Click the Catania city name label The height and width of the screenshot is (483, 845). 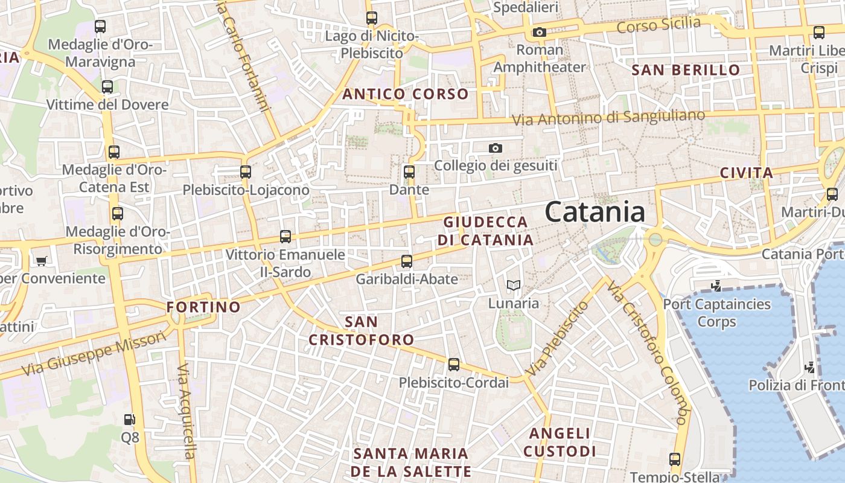pyautogui.click(x=595, y=213)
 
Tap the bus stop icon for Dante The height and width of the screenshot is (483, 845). pyautogui.click(x=409, y=172)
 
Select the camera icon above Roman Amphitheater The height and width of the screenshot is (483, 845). pyautogui.click(x=539, y=33)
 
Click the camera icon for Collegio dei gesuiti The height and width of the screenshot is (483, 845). pyautogui.click(x=495, y=148)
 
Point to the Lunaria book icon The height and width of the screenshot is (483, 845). pyautogui.click(x=514, y=286)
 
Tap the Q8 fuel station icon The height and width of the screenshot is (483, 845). pyautogui.click(x=129, y=419)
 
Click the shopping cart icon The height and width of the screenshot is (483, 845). pyautogui.click(x=41, y=261)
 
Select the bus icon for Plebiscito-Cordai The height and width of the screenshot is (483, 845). pyautogui.click(x=454, y=365)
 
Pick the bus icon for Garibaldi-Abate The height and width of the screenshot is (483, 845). pyautogui.click(x=407, y=261)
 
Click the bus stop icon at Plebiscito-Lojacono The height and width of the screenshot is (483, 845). pyautogui.click(x=245, y=172)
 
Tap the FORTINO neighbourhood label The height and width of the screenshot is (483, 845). pyautogui.click(x=203, y=307)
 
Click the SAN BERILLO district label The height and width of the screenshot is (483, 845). pyautogui.click(x=686, y=70)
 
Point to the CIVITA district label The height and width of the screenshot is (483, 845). pyautogui.click(x=747, y=173)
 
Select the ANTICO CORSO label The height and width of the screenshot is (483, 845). pyautogui.click(x=406, y=94)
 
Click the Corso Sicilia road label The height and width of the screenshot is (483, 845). pyautogui.click(x=658, y=25)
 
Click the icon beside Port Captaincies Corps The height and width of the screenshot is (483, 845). pyautogui.click(x=716, y=286)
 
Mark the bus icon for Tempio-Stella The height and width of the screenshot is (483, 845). pyautogui.click(x=675, y=459)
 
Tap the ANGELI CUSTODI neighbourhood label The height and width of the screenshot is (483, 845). pyautogui.click(x=560, y=442)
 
